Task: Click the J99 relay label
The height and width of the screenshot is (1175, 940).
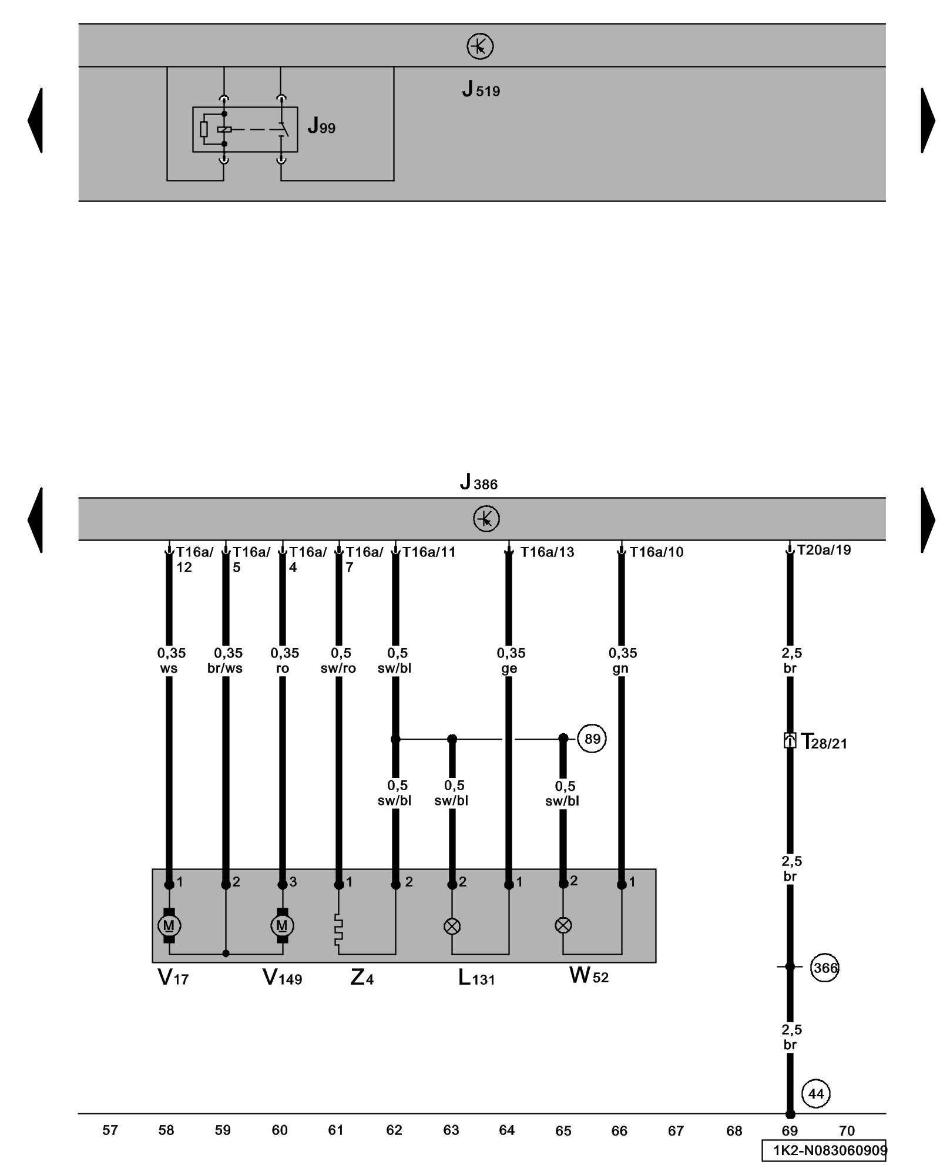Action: [321, 126]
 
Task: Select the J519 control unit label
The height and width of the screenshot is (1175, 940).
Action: [481, 89]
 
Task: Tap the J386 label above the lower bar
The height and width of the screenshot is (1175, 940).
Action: [478, 483]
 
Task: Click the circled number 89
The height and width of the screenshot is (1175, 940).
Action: [592, 738]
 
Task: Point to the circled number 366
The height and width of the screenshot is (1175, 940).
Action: [824, 967]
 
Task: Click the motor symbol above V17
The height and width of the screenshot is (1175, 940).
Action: [169, 925]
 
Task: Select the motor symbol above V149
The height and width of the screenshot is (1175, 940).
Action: [282, 925]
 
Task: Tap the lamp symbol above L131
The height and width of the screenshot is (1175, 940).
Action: [452, 926]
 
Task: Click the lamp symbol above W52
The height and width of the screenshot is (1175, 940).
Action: [563, 925]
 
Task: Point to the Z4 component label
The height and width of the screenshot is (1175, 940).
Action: [362, 977]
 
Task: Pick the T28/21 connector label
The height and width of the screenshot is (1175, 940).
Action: [824, 742]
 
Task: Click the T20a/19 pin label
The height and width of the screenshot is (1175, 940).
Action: [824, 550]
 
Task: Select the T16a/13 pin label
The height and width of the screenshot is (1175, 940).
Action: [547, 552]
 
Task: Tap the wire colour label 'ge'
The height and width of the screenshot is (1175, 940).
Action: [509, 669]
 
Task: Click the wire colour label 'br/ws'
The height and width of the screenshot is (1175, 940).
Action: [225, 669]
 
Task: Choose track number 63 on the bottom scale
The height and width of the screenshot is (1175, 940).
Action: [451, 1130]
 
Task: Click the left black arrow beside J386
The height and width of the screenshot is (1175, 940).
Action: [36, 520]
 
